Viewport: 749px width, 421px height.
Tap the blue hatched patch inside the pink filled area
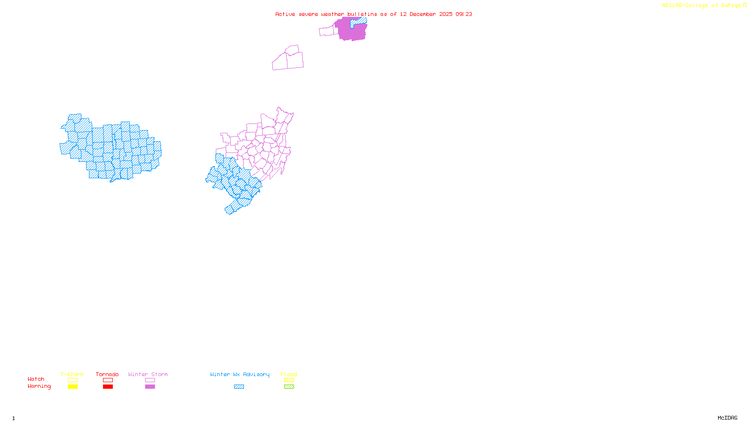click(359, 21)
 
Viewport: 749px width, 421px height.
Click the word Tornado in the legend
click(107, 374)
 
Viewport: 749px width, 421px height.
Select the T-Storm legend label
click(72, 374)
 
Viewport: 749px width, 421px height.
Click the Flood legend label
click(289, 374)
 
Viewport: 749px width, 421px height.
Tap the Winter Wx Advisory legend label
click(240, 374)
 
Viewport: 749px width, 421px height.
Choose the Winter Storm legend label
click(148, 374)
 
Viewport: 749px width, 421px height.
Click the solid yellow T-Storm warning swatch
click(73, 387)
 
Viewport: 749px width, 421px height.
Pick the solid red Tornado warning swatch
click(108, 387)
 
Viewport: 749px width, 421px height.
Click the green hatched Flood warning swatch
click(289, 387)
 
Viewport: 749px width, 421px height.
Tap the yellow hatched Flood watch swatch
click(289, 380)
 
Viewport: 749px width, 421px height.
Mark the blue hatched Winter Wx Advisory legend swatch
click(239, 387)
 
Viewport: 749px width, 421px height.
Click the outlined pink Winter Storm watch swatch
click(150, 380)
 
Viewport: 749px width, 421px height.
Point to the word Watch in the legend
click(36, 379)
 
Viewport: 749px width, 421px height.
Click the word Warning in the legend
click(39, 386)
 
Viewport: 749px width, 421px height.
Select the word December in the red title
click(423, 14)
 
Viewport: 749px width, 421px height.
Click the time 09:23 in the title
click(464, 14)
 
